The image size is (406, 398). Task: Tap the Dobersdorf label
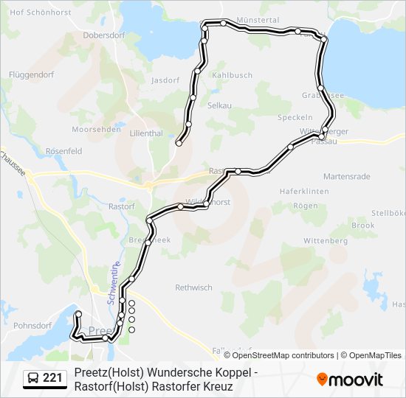104,35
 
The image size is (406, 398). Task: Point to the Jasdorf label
165,80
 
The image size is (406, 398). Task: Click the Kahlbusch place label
232,75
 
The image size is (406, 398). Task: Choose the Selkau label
219,105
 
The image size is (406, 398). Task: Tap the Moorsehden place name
96,129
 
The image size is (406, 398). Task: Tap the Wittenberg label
326,241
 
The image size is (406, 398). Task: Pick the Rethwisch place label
193,287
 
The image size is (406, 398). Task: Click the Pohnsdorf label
32,324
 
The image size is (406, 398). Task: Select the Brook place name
363,226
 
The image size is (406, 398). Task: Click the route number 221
52,378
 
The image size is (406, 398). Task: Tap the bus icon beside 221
33,378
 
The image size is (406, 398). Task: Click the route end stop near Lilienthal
179,143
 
